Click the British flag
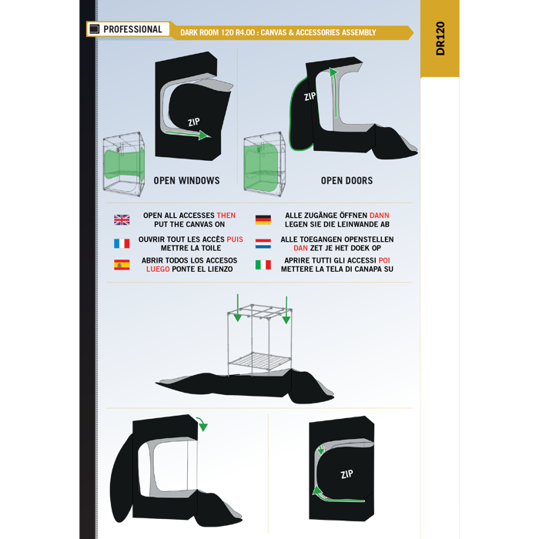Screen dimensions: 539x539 tap(122, 219)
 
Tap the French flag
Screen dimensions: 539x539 tap(122, 243)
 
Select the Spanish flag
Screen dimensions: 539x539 tap(122, 265)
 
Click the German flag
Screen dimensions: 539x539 tap(263, 219)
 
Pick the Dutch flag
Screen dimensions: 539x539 tap(263, 243)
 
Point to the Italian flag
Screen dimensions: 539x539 tap(263, 265)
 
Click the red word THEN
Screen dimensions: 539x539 tap(226, 216)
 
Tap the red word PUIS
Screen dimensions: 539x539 tap(235, 239)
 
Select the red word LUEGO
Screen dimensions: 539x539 tap(158, 269)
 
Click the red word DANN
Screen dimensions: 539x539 tap(380, 216)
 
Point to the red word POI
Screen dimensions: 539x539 tap(384, 260)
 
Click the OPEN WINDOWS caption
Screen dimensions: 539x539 tap(186, 180)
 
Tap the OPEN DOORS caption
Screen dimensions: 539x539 tap(346, 180)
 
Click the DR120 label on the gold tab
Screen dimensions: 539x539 tap(440, 38)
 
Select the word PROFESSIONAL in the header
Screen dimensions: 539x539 tap(132, 29)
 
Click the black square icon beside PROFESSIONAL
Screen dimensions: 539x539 tap(94, 29)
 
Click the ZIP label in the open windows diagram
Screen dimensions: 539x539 tap(194, 122)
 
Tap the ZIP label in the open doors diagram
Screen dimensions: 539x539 tap(310, 96)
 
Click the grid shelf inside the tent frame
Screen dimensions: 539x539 tap(260, 361)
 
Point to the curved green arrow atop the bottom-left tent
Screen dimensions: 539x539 tap(203, 423)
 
